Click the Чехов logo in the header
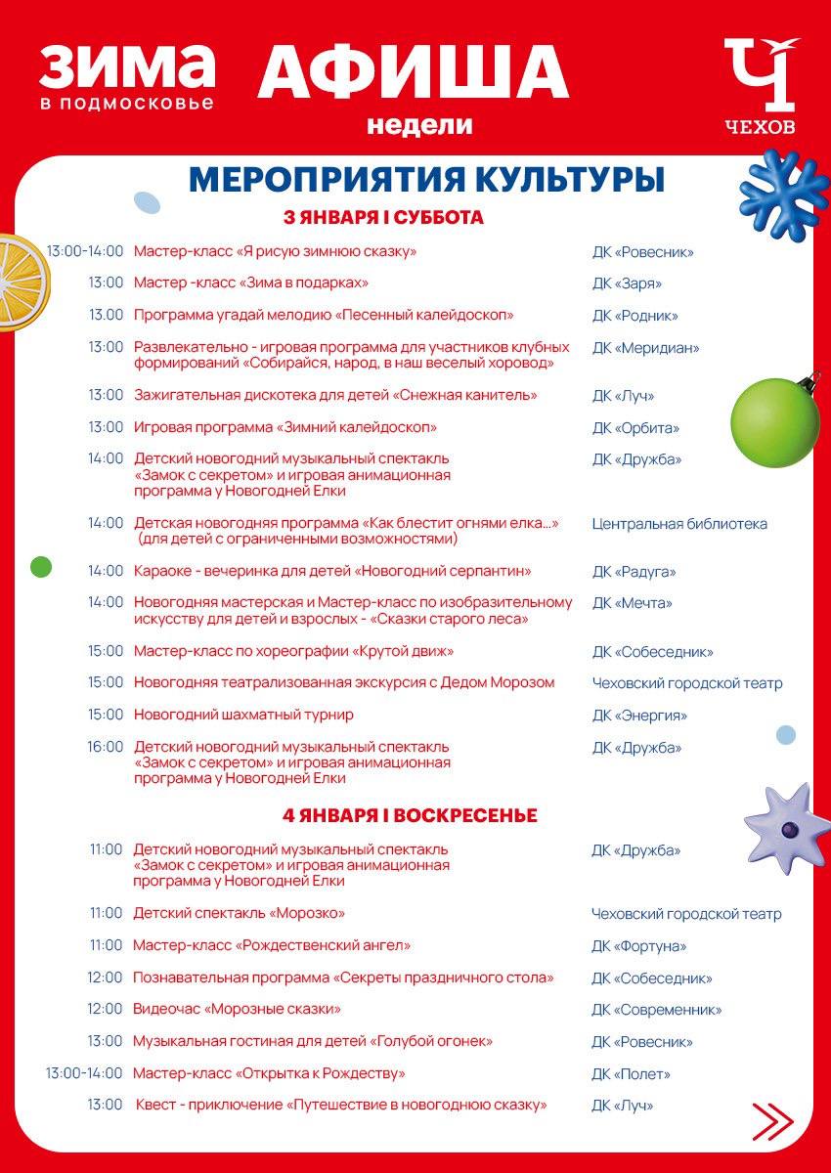[x=761, y=86]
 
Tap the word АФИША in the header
[x=413, y=73]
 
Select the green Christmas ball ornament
[x=775, y=421]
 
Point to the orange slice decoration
[x=17, y=282]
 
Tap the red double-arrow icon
[x=772, y=1120]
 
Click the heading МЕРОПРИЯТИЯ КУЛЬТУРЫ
[x=426, y=180]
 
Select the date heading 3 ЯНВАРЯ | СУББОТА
[x=383, y=218]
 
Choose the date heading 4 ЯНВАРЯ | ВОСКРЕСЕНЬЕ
[x=411, y=815]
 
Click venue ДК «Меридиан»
[x=645, y=348]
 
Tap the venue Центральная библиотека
[x=679, y=524]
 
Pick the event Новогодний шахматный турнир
[x=243, y=715]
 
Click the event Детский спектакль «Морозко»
[x=240, y=913]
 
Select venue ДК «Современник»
[x=656, y=1010]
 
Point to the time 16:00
[x=106, y=747]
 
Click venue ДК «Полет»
[x=631, y=1074]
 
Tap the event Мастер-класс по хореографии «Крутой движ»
[x=293, y=651]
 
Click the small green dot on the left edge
[x=41, y=566]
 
